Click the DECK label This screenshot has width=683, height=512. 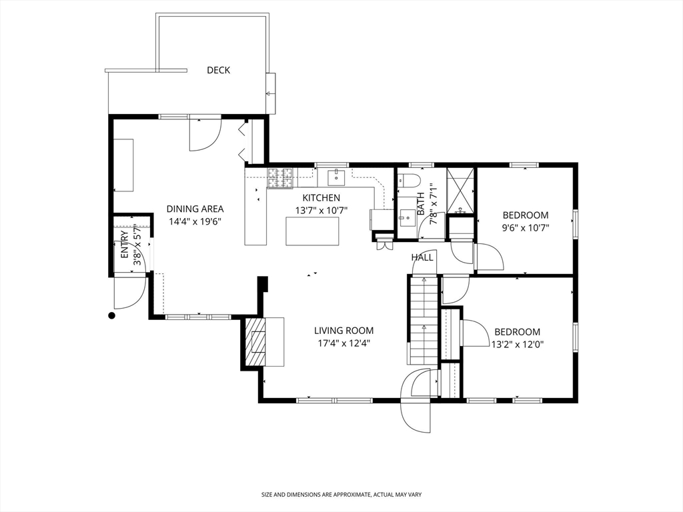tap(218, 70)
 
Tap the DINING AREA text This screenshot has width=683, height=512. tap(195, 209)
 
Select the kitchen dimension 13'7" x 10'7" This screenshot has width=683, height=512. tap(321, 210)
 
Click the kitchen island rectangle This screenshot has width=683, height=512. tap(312, 231)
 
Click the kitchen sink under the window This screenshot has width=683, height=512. tap(337, 177)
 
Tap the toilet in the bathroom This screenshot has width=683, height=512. tap(408, 180)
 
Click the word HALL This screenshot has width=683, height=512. tap(422, 257)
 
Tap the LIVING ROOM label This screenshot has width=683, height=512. tap(344, 331)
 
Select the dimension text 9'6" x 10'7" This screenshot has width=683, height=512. tap(526, 227)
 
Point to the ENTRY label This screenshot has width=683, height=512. tap(124, 247)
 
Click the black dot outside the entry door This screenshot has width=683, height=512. tap(112, 315)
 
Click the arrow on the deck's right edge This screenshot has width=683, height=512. tap(270, 93)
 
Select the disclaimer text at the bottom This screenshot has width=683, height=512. tap(341, 495)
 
